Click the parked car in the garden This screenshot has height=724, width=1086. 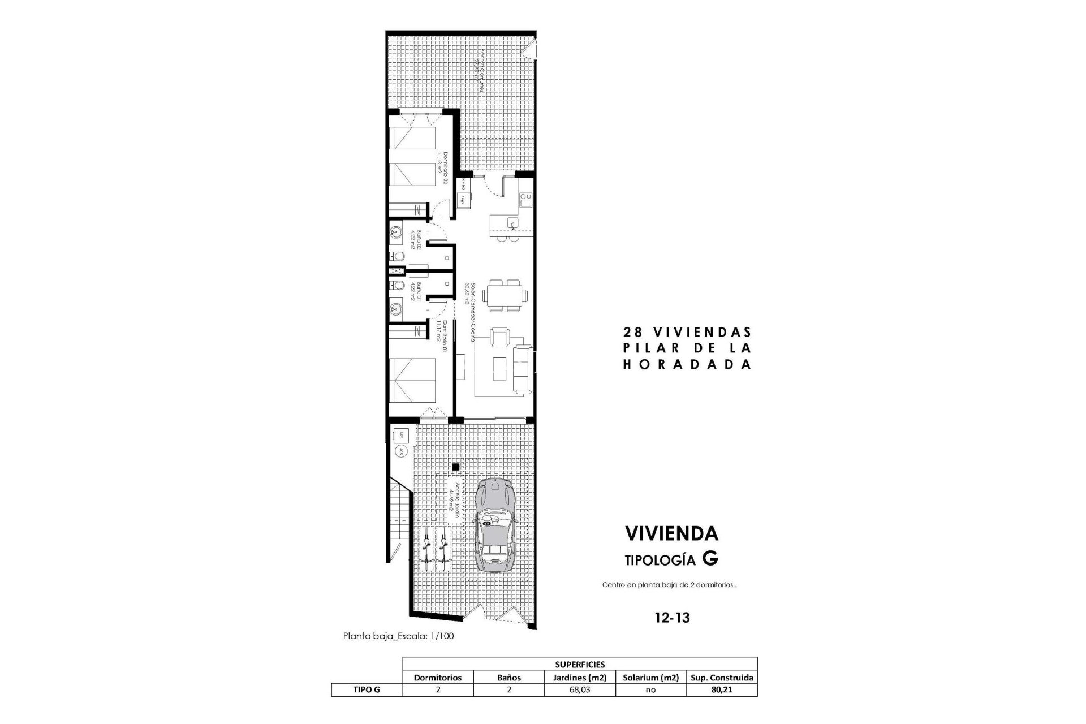(495, 525)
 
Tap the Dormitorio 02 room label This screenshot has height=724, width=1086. (442, 169)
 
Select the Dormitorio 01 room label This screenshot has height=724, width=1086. (442, 338)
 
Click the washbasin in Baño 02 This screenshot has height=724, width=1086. (397, 232)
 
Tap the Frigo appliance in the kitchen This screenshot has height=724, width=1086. (463, 199)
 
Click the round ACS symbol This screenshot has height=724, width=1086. (400, 451)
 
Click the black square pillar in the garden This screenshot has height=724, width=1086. (455, 467)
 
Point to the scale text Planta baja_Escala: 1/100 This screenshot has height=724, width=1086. (398, 636)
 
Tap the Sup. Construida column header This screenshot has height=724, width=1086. (722, 678)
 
